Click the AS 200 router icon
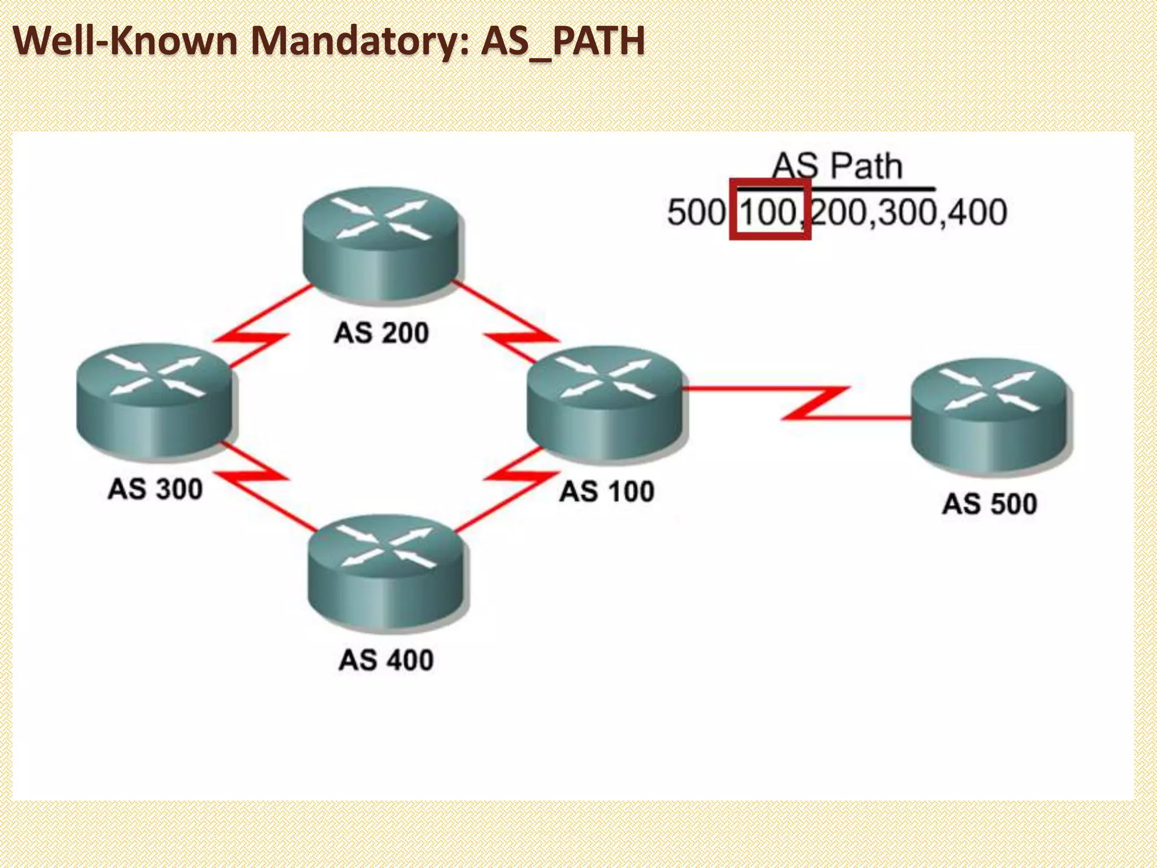point(382,244)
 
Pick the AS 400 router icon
point(386,571)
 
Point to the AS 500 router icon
point(991,415)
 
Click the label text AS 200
point(382,333)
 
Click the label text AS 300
point(155,489)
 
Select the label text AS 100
point(607,491)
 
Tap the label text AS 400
point(386,660)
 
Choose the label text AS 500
point(990,504)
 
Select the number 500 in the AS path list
point(696,213)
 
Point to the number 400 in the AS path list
point(977,213)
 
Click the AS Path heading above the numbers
point(837,167)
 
